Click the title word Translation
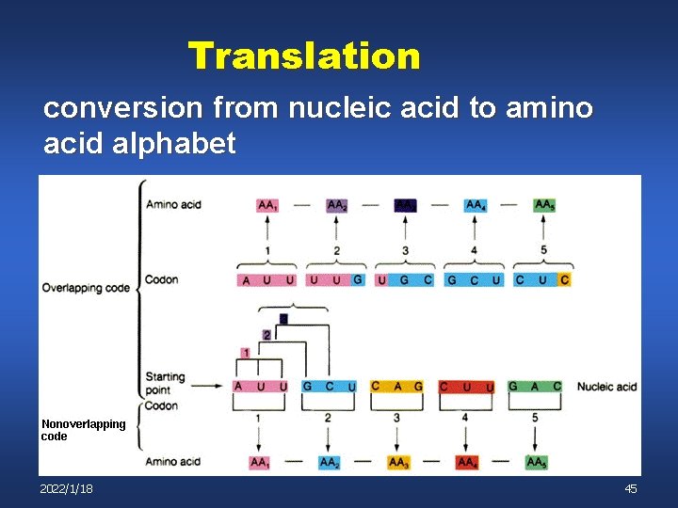(303, 56)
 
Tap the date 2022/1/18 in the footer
(66, 488)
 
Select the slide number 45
(631, 488)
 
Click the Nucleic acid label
(606, 387)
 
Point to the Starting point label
(165, 383)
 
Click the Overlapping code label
(86, 288)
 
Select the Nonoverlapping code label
(83, 430)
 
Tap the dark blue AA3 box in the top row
(404, 205)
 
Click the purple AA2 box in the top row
(336, 205)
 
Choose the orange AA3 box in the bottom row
(398, 462)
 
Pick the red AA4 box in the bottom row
(466, 462)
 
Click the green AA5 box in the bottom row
(536, 462)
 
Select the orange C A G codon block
(396, 387)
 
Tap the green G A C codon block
(535, 387)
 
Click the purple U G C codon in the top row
(405, 279)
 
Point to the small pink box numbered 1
(245, 353)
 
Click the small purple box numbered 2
(266, 335)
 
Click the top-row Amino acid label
(173, 205)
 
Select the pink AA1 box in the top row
(267, 205)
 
